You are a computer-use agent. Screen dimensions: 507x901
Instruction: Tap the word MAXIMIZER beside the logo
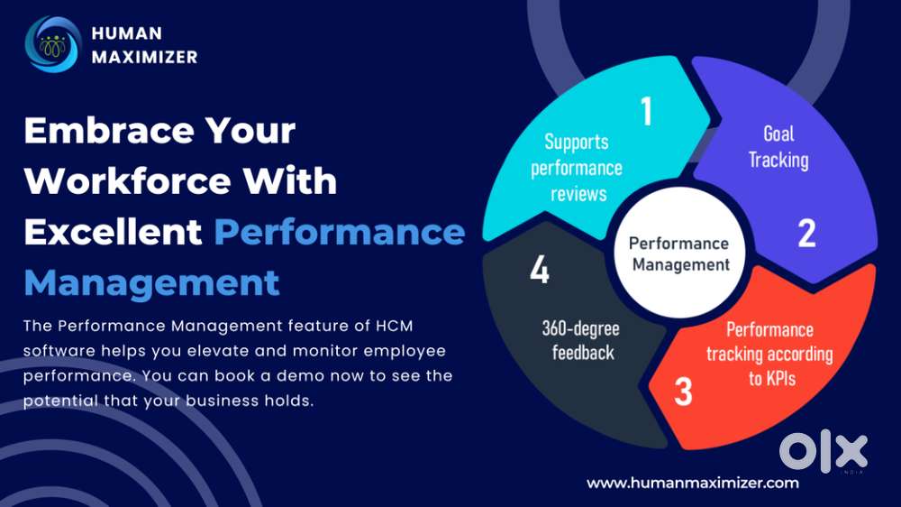coord(144,57)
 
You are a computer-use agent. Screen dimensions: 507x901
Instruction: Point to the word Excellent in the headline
coord(113,232)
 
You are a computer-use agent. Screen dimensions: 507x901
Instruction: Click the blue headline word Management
coord(151,282)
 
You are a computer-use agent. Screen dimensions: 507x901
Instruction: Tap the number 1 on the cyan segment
coord(645,110)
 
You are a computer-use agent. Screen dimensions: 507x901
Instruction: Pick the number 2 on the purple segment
coord(806,233)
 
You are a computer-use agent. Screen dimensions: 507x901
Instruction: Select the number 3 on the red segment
coord(682,392)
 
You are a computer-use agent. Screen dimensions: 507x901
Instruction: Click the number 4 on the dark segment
coord(539,270)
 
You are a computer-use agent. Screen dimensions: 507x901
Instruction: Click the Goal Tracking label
coord(778,147)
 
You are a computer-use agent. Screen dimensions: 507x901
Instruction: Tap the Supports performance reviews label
coord(577,168)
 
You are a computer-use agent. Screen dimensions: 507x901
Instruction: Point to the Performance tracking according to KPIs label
coord(769,354)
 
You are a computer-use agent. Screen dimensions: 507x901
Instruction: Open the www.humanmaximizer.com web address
coord(692,483)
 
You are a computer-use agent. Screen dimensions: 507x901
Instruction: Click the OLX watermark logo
coord(823,448)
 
